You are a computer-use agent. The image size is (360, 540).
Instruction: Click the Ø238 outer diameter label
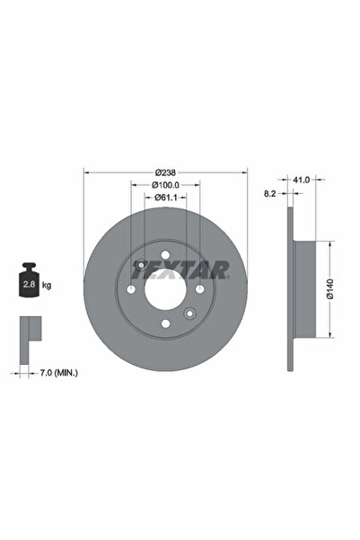click(165, 172)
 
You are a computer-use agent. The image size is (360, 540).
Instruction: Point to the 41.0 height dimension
click(302, 180)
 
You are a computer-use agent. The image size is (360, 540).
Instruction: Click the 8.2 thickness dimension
click(269, 192)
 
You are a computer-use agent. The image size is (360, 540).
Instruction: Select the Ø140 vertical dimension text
click(329, 288)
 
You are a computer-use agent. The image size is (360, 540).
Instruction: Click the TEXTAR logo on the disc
click(180, 269)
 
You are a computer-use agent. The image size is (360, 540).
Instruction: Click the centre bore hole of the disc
click(165, 290)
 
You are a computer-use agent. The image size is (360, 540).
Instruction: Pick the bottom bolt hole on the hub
click(165, 324)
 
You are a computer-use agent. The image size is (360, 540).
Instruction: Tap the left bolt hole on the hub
click(131, 290)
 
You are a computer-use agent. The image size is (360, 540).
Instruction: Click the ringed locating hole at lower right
click(189, 314)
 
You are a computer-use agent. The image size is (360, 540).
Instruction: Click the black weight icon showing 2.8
click(27, 284)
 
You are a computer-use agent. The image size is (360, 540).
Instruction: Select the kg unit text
click(47, 285)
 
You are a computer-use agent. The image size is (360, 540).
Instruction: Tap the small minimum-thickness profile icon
click(30, 333)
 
